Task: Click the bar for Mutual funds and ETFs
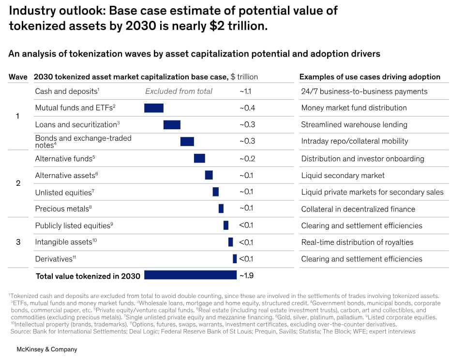(154, 108)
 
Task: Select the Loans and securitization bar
(172, 125)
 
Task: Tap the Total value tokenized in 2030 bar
(190, 275)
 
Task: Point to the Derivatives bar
(235, 259)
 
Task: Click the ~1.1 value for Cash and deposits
(246, 91)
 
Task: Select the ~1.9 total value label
(246, 276)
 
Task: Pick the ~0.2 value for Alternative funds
(247, 159)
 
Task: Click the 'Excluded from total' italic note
(179, 91)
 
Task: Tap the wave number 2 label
(18, 183)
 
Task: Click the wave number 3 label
(18, 242)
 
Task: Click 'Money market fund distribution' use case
(354, 108)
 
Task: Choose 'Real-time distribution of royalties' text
(357, 242)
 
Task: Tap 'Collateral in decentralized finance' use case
(358, 209)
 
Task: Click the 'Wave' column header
(18, 77)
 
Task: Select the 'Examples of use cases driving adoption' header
(370, 77)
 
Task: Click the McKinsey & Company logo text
(47, 349)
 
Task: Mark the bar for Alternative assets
(209, 175)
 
